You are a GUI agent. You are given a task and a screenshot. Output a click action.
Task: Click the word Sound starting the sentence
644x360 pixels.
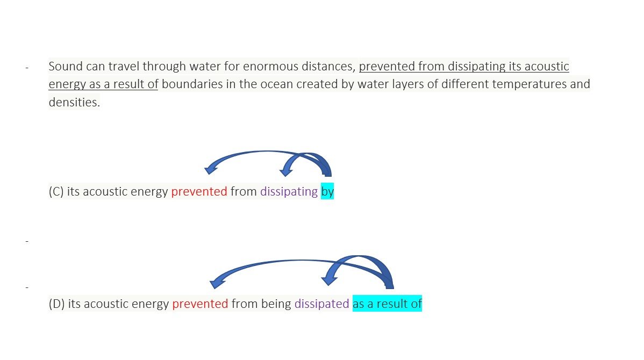65,67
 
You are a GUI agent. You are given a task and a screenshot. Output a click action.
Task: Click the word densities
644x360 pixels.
74,102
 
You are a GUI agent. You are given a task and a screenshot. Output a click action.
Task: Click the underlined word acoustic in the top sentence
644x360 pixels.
547,67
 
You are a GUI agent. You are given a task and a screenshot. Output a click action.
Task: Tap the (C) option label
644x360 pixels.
56,192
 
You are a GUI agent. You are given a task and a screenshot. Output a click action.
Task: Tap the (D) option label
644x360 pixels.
56,304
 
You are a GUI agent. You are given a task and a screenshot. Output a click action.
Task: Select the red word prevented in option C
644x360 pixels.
199,192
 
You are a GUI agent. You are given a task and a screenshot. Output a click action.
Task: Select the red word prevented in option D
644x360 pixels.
200,304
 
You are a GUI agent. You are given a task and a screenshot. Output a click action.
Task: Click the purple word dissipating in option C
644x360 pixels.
289,192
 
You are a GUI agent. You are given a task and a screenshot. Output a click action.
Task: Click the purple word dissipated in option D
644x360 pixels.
321,304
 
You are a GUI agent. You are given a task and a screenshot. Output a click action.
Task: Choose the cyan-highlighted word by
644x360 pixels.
327,192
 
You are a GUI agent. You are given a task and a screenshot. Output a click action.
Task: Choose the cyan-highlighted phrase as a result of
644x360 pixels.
387,304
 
